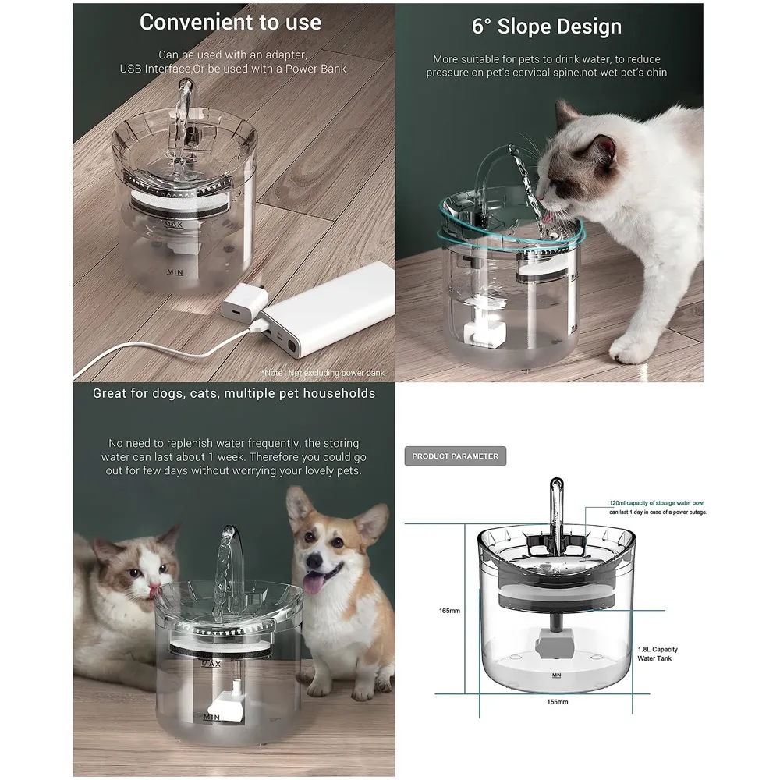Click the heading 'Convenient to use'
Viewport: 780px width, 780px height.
click(x=230, y=23)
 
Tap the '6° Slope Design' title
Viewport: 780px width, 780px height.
click(x=547, y=26)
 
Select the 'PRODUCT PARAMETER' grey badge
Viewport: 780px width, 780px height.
click(x=455, y=456)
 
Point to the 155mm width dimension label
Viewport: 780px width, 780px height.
click(x=557, y=702)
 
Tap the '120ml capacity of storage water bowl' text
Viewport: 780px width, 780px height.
click(x=659, y=503)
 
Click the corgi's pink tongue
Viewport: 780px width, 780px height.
click(x=314, y=583)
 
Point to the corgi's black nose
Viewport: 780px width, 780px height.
click(x=317, y=559)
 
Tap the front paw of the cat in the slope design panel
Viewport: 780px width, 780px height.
click(x=630, y=349)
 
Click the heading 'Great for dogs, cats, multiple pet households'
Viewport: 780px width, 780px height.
click(x=234, y=393)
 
